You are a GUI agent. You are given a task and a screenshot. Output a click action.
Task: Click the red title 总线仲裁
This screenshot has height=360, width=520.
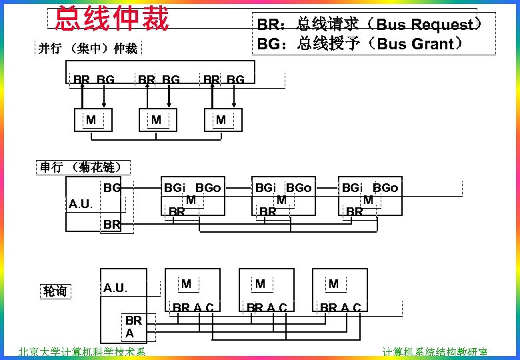(111, 19)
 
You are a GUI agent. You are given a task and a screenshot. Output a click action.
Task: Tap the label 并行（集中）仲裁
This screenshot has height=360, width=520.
(88, 48)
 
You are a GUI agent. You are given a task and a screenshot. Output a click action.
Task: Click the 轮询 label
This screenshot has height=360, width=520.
(55, 291)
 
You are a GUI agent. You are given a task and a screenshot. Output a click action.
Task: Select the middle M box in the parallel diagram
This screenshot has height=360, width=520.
(155, 120)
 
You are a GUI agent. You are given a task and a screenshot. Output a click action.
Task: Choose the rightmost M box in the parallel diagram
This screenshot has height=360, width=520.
(221, 120)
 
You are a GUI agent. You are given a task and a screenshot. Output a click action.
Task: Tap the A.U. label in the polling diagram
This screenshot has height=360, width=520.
(115, 288)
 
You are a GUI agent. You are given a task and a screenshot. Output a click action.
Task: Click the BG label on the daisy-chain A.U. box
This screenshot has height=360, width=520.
(111, 188)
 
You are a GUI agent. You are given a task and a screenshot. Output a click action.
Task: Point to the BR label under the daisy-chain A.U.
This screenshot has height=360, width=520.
(111, 225)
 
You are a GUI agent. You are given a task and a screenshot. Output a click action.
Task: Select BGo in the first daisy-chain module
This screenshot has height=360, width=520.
(207, 188)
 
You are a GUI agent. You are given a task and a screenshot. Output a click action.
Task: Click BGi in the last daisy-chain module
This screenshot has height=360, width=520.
(353, 188)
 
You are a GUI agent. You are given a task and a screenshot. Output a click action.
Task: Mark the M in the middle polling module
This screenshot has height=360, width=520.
(260, 284)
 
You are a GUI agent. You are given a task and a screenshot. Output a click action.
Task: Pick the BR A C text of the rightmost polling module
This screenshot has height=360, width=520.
(340, 307)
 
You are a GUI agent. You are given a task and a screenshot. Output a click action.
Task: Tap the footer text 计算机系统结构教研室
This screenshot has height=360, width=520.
(435, 352)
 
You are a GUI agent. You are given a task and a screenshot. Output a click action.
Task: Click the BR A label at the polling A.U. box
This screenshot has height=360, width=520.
(131, 326)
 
